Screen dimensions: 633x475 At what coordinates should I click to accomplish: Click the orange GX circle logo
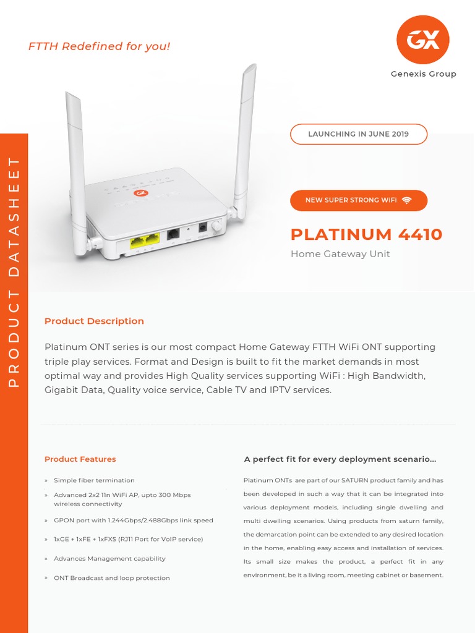pos(423,40)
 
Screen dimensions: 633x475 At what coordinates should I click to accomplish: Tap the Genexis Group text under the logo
pos(423,74)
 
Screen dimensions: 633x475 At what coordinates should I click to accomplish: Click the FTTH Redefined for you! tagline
pos(99,46)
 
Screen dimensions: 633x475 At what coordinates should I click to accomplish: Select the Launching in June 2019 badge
pos(359,134)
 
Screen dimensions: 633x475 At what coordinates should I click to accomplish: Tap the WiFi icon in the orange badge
pos(406,200)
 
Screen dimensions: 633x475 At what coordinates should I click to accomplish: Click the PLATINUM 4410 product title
pos(367,234)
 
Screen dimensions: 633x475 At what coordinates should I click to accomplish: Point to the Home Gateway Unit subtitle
pos(340,254)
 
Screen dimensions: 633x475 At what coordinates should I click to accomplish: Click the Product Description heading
pos(94,321)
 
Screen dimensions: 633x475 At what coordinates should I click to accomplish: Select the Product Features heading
pos(80,459)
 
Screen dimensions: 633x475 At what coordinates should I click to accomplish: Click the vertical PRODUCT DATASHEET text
pos(14,272)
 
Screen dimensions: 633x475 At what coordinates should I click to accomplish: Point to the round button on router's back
pos(216,227)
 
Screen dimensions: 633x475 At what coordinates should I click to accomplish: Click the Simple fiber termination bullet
pos(94,480)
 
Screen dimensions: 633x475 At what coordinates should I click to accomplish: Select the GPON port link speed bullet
pos(133,520)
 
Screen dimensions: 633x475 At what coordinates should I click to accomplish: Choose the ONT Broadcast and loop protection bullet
pos(111,578)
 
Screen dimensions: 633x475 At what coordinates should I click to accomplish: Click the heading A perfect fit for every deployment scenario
pos(340,459)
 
